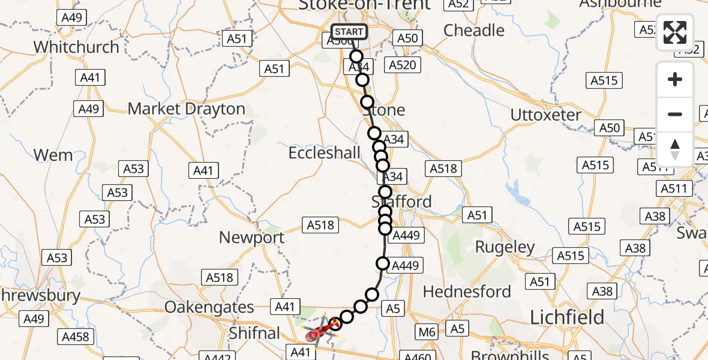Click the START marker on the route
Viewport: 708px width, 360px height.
pos(349,32)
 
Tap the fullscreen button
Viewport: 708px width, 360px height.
pos(675,32)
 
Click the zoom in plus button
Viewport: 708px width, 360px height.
pos(675,79)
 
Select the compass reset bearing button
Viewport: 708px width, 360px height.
pos(675,149)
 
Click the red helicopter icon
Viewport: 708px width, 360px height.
pos(317,332)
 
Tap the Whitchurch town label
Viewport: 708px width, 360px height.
pos(76,47)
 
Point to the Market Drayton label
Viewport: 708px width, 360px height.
pos(187,109)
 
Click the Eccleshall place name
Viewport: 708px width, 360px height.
pos(325,153)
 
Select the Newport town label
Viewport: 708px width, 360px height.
pos(251,238)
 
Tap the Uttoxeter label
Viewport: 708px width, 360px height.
pos(545,115)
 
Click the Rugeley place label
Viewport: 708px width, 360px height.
pos(505,247)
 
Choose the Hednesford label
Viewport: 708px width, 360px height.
pos(467,292)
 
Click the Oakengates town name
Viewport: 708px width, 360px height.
pos(209,307)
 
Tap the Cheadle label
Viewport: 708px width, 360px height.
pos(473,30)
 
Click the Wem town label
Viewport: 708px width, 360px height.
pos(53,155)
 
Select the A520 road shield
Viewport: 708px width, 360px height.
pos(402,65)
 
